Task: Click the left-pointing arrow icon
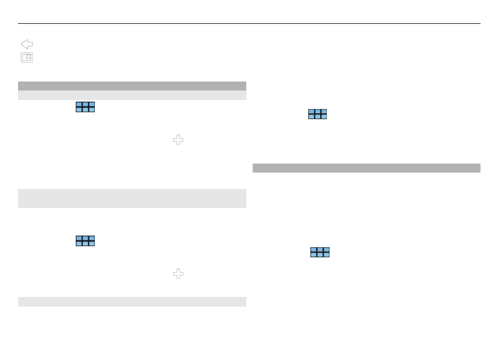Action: [26, 44]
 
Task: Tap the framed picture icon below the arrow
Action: [26, 58]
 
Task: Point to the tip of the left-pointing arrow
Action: [21, 44]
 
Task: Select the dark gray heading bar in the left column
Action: [132, 86]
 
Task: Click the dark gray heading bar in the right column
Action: [366, 168]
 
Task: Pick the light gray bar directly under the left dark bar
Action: [132, 96]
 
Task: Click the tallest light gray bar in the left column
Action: [132, 198]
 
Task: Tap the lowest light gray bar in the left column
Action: [132, 302]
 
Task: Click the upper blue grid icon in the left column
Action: [85, 107]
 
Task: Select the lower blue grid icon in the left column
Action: [85, 241]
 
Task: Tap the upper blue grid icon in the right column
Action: [318, 114]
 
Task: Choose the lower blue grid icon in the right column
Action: [320, 252]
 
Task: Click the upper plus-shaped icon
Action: [179, 140]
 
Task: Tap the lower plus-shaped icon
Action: [179, 274]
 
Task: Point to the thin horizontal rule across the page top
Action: [249, 23]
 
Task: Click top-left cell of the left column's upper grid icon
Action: [79, 105]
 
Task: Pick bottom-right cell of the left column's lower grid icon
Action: [91, 244]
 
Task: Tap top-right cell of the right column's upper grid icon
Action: [324, 112]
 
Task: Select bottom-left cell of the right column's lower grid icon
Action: [314, 255]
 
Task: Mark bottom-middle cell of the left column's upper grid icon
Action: [85, 110]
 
